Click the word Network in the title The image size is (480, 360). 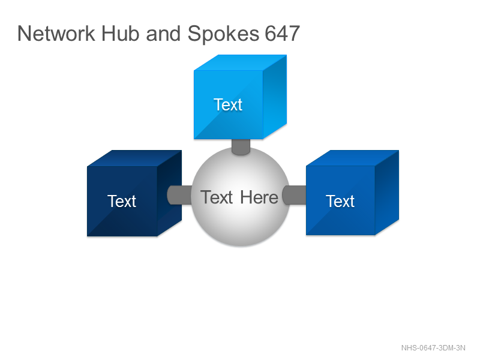coord(56,34)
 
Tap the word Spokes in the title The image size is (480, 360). coord(223,34)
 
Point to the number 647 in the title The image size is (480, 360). coord(282,34)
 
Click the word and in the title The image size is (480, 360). coord(163,34)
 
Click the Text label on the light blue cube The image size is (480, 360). coord(228,104)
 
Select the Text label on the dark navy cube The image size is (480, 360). coord(122,201)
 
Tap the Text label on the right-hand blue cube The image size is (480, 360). coord(340,201)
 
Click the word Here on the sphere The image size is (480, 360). coord(259,197)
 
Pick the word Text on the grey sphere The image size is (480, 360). coord(217,197)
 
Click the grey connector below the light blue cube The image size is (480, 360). coord(241,147)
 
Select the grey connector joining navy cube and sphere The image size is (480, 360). coord(179,195)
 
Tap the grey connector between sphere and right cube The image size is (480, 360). coord(294,195)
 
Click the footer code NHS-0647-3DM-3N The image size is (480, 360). coord(433,348)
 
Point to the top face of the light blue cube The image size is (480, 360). coord(241,62)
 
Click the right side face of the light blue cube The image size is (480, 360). coord(275,97)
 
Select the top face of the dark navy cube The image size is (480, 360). coord(134,158)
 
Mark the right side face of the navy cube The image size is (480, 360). coord(170,193)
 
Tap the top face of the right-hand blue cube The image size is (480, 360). coord(352,158)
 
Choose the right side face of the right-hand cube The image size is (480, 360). coord(387,193)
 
